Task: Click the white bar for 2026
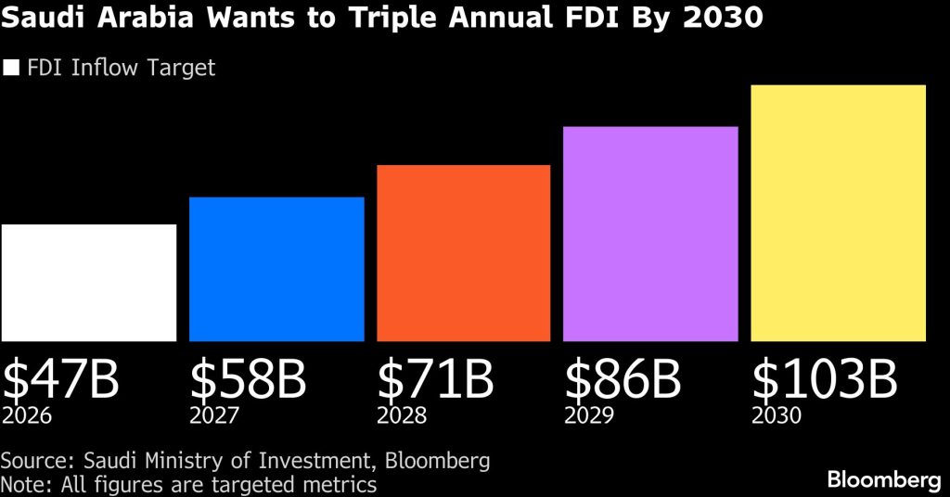89,283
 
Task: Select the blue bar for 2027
276,269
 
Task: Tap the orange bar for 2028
463,253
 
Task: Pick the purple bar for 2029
650,234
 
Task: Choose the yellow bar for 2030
838,213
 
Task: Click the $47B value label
61,380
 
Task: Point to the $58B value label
249,380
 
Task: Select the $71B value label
435,380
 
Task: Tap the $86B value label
623,380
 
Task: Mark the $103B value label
824,380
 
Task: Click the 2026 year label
27,415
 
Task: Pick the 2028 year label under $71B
401,415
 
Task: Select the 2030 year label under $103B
776,415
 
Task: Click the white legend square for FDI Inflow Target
12,68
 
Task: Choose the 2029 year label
588,415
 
